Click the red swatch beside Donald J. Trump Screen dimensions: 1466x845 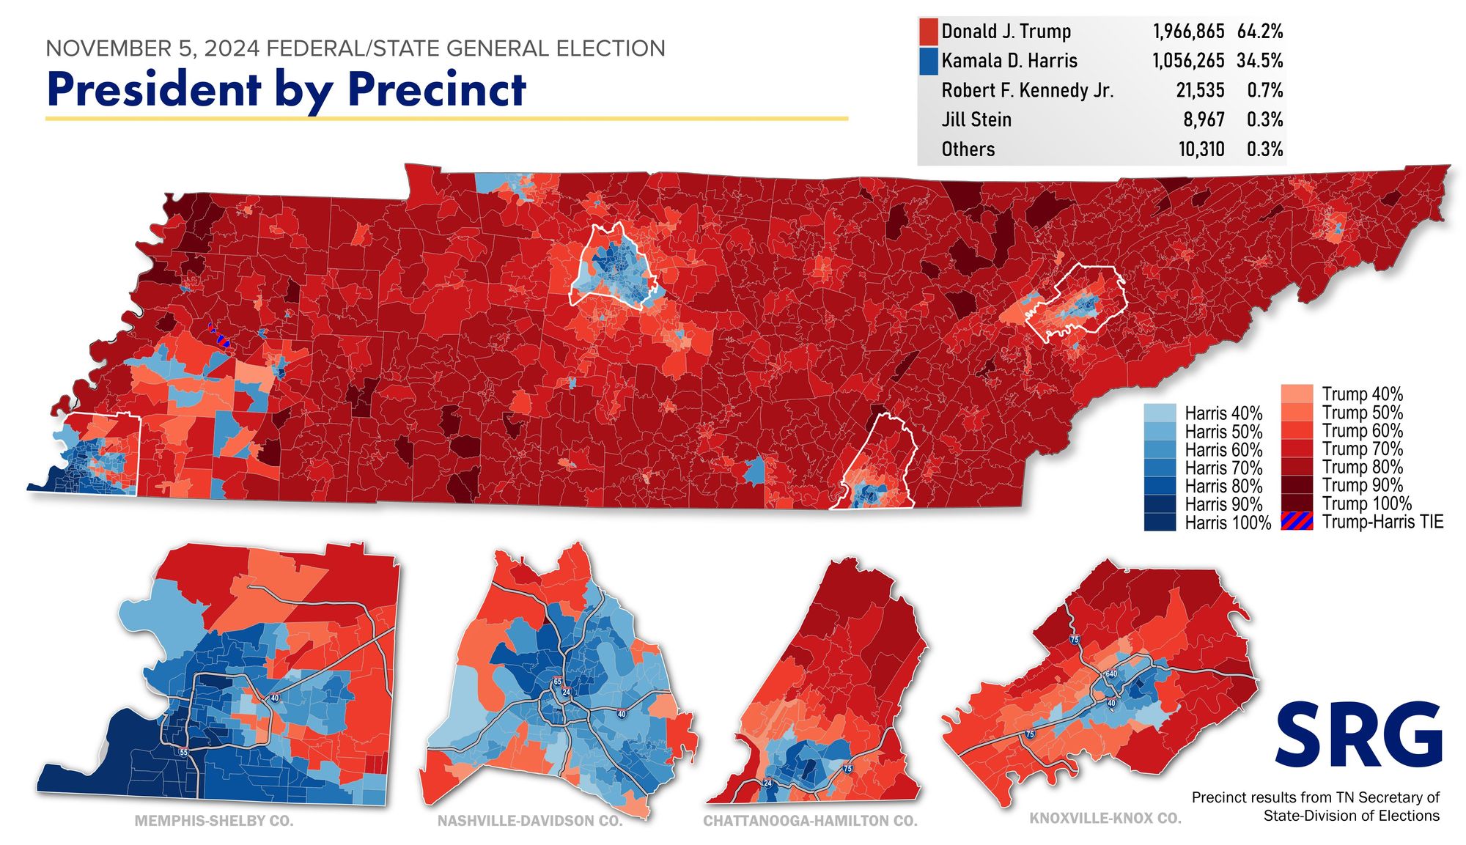[x=928, y=32]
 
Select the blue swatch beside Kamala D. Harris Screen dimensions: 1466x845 [x=928, y=61]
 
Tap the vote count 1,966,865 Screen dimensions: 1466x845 [x=1188, y=32]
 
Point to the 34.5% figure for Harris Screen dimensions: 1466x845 [x=1260, y=61]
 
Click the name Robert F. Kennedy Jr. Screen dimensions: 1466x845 [x=1027, y=91]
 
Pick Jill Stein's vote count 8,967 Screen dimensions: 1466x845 [x=1204, y=119]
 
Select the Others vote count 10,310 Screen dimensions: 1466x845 [x=1201, y=150]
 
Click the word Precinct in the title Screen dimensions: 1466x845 [x=437, y=89]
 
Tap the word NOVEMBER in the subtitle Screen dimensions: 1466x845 [x=108, y=49]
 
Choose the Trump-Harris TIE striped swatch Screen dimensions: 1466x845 [x=1297, y=522]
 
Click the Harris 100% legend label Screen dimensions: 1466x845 [x=1228, y=523]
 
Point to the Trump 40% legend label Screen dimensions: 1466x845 [x=1362, y=394]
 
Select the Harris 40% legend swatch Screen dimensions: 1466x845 [x=1160, y=413]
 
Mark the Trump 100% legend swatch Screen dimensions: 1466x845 [x=1297, y=503]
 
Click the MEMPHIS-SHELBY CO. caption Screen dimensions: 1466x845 [x=214, y=821]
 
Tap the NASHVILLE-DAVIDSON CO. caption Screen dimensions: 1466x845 [x=530, y=821]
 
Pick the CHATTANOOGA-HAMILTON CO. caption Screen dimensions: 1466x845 [x=811, y=821]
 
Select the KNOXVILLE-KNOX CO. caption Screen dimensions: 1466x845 [x=1105, y=818]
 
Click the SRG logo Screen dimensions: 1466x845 [x=1359, y=734]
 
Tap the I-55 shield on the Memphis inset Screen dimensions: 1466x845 [x=183, y=753]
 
